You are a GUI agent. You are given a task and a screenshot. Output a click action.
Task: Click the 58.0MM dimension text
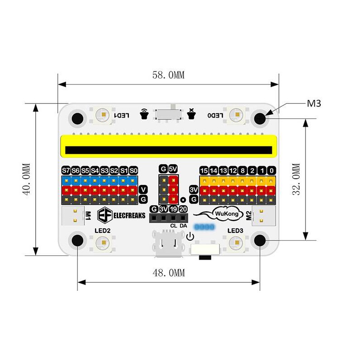pyautogui.click(x=168, y=75)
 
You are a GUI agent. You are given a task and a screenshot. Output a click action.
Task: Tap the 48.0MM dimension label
pyautogui.click(x=169, y=273)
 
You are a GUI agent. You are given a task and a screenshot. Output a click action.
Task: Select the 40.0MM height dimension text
pyautogui.click(x=26, y=179)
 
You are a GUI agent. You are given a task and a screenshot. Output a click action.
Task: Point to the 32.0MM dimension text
pyautogui.click(x=296, y=179)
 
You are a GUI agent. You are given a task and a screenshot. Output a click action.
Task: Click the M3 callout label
pyautogui.click(x=314, y=104)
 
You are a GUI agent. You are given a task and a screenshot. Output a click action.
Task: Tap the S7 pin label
pyautogui.click(x=66, y=171)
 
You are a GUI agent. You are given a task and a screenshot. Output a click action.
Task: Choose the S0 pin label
pyautogui.click(x=133, y=171)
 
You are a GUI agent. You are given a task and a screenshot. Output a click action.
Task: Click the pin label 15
pyautogui.click(x=204, y=171)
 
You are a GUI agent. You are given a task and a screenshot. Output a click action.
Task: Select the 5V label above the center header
pyautogui.click(x=173, y=169)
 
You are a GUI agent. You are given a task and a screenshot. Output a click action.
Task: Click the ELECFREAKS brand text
pyautogui.click(x=129, y=215)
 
